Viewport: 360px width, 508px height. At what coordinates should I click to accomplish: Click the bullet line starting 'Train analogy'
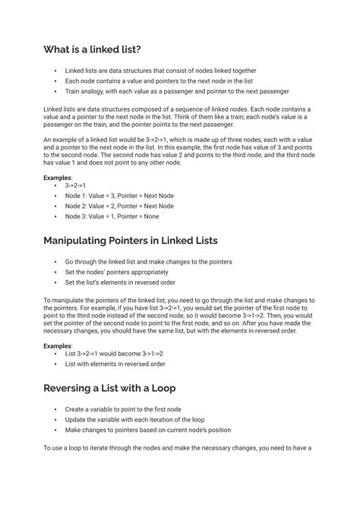point(177,91)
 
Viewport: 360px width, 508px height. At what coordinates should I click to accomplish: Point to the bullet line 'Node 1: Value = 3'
point(119,195)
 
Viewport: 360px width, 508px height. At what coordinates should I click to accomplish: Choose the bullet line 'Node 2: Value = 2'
point(119,206)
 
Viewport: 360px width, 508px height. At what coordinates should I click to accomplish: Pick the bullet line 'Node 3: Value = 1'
point(112,216)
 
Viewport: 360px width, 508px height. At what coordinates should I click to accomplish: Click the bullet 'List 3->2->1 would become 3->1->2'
point(115,354)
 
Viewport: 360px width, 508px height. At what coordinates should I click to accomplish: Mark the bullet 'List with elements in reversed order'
point(115,364)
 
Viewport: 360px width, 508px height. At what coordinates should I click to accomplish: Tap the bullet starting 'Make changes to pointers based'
point(147,430)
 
